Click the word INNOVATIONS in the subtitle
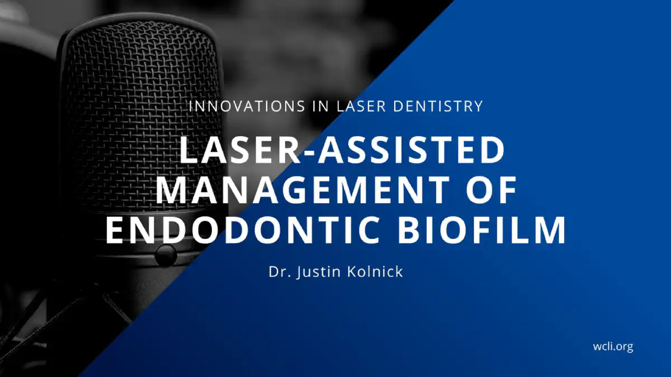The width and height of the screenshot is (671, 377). point(247,106)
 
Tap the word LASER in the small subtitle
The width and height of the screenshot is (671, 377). point(361,106)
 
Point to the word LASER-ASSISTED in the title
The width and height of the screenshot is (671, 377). point(342,150)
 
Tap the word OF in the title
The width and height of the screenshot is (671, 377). point(492,190)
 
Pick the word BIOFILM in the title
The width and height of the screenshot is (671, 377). point(481,230)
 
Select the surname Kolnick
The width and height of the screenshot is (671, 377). point(375,271)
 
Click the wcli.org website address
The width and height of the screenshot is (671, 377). point(613,347)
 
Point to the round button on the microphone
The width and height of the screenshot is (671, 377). point(166,255)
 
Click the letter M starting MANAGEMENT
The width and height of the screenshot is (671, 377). point(171,190)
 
